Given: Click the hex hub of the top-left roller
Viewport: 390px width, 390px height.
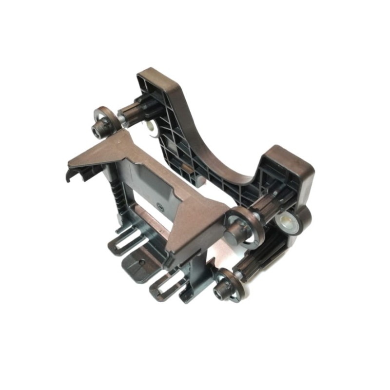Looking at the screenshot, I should [101, 128].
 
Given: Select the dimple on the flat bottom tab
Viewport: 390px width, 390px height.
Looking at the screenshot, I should [142, 262].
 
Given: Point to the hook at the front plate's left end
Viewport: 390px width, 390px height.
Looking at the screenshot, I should [71, 175].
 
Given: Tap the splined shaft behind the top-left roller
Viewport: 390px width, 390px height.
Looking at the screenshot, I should [134, 112].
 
